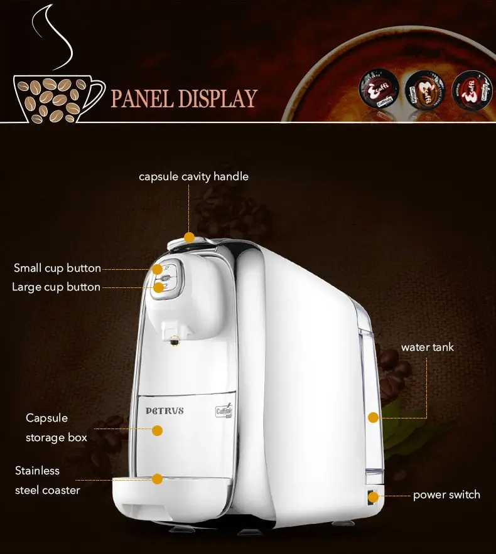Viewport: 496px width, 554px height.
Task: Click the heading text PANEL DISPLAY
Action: pyautogui.click(x=184, y=99)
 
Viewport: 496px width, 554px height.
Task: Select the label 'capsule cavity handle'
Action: pyautogui.click(x=193, y=176)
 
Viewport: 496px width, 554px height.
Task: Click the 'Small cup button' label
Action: pyautogui.click(x=57, y=268)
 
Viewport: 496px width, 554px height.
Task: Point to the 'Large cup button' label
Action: pyautogui.click(x=56, y=287)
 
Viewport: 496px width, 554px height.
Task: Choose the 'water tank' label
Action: pyautogui.click(x=427, y=347)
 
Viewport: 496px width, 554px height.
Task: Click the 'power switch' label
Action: pyautogui.click(x=446, y=494)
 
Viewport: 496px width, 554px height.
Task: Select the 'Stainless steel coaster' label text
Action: pyautogui.click(x=47, y=480)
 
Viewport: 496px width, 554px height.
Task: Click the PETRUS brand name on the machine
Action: pyautogui.click(x=165, y=411)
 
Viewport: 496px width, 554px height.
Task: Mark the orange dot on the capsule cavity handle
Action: pyautogui.click(x=190, y=237)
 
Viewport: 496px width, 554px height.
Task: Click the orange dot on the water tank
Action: pyautogui.click(x=374, y=417)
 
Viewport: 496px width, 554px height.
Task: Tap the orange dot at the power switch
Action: pyautogui.click(x=374, y=497)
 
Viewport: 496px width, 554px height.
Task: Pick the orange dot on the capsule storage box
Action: pyautogui.click(x=157, y=430)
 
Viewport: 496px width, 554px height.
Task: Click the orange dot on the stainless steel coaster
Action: pyautogui.click(x=157, y=479)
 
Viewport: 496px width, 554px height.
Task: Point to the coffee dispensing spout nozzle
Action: pyautogui.click(x=174, y=341)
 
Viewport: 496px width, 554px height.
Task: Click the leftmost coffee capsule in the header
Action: pyautogui.click(x=375, y=90)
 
